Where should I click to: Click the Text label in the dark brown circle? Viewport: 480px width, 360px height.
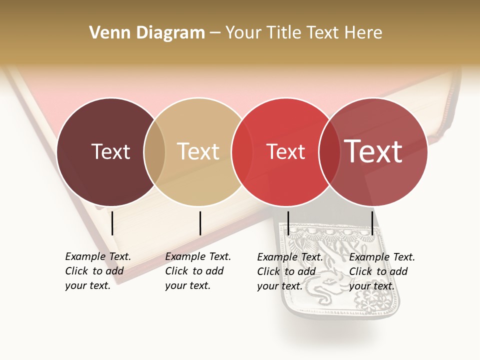click(x=110, y=151)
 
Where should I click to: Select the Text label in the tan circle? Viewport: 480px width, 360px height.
click(x=198, y=151)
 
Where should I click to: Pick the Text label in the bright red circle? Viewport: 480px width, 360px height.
click(x=285, y=152)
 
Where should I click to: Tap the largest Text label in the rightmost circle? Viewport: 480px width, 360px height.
click(x=373, y=151)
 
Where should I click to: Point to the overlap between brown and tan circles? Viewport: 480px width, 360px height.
click(x=154, y=151)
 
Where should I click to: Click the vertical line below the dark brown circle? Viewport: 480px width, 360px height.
click(x=112, y=223)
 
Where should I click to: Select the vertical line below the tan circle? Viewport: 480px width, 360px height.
click(x=200, y=223)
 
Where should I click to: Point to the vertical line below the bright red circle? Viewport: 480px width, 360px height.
click(x=288, y=223)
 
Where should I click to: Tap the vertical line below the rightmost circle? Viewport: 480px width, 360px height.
click(x=372, y=223)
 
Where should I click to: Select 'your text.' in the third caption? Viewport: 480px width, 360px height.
click(x=280, y=286)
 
